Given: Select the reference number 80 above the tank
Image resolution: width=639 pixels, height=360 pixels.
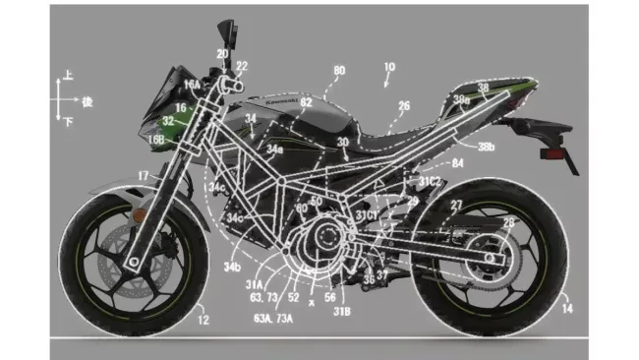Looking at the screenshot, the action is click(339, 72).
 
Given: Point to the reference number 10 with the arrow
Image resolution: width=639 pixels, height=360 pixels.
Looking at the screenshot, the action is click(389, 68).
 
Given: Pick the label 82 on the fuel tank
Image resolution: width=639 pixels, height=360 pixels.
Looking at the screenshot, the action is click(307, 102).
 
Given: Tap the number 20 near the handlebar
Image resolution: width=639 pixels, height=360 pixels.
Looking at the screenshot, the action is click(222, 54).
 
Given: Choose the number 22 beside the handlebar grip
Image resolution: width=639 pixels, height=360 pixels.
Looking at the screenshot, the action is click(242, 66).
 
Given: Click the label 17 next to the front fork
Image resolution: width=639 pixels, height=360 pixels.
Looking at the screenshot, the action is click(144, 176).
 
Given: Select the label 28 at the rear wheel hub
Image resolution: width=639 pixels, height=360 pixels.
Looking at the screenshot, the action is click(508, 224).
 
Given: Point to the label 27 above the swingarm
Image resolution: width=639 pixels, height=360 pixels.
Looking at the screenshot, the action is click(456, 205).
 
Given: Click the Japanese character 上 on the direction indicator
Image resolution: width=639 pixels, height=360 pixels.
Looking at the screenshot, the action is click(67, 75).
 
